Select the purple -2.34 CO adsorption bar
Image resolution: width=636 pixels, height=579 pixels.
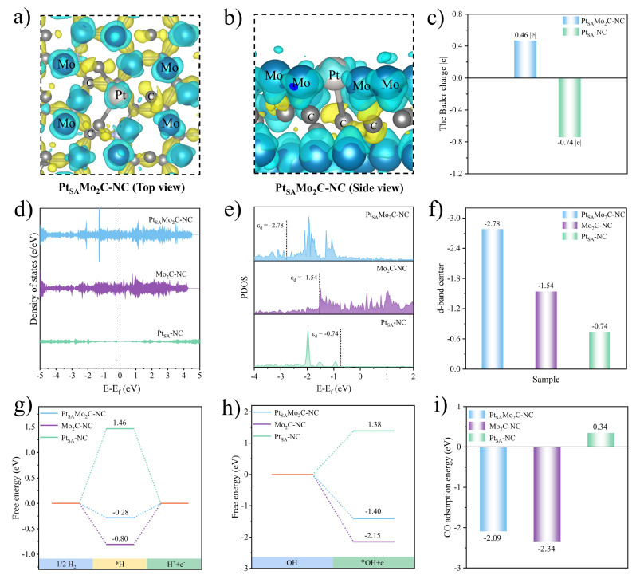click(546, 494)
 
